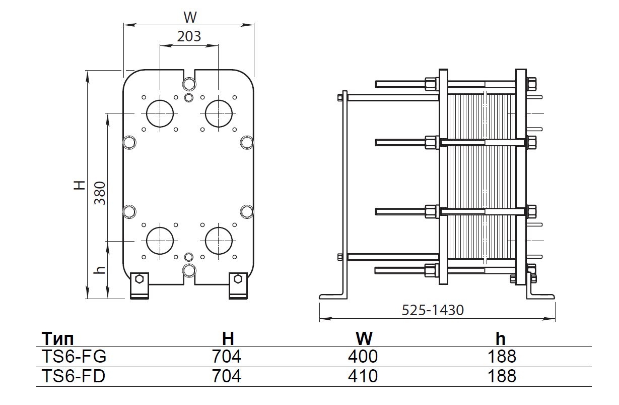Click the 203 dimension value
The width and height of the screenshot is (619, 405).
coord(189,36)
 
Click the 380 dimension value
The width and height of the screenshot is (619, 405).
coord(100,193)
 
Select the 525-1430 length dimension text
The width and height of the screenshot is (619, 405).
coord(433,310)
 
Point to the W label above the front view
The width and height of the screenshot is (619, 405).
coord(189,17)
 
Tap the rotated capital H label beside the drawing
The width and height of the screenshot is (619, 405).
coord(79,185)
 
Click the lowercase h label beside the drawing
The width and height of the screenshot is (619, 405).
coord(100,270)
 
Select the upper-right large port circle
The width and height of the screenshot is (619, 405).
coord(218,113)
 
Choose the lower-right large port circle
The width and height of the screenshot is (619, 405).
coord(218,240)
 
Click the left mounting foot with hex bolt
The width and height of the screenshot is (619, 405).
coord(140,285)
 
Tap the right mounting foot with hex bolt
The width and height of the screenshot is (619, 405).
coord(238,285)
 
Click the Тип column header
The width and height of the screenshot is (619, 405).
coord(60,338)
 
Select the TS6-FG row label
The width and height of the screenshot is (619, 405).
coord(72,357)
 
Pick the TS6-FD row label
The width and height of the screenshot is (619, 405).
coord(72,376)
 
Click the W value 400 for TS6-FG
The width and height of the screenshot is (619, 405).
coord(363,357)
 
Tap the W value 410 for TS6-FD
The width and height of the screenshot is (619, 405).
coord(363,376)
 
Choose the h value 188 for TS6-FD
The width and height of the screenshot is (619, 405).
coord(502,376)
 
